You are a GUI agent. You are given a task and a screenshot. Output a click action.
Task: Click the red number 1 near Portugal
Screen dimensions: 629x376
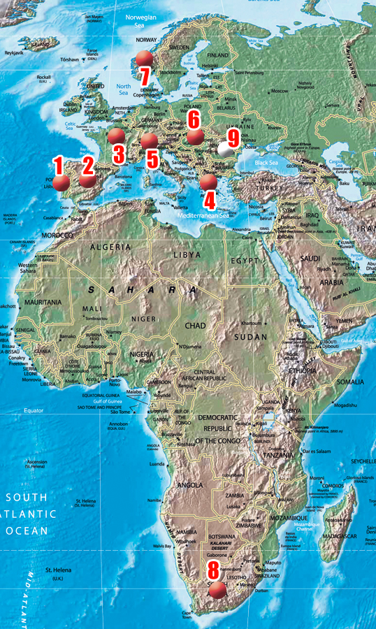click(x=58, y=166)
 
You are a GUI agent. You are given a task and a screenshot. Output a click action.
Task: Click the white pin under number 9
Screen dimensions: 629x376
click(x=226, y=149)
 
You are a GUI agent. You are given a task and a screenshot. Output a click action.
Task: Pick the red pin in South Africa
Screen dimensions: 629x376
click(x=218, y=590)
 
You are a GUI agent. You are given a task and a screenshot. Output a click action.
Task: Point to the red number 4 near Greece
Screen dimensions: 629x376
click(x=209, y=201)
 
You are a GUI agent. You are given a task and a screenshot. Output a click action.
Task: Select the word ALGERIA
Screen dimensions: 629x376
click(x=109, y=247)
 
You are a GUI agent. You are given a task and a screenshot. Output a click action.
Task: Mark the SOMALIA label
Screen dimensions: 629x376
click(x=349, y=382)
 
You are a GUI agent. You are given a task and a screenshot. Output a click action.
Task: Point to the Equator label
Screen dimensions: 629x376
click(x=33, y=410)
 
